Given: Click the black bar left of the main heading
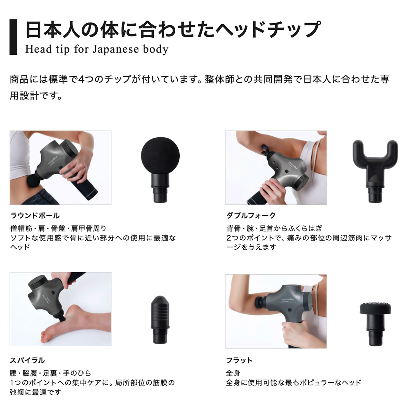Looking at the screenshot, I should point(13,37).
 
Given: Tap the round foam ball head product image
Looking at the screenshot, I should point(160,167).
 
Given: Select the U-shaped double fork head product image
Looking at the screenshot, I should point(374,169).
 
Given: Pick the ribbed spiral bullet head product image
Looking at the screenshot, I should point(160,320).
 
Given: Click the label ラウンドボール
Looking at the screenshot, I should point(35,216).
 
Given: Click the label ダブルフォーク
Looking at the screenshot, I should point(251,216).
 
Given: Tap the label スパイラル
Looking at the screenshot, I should point(27,360).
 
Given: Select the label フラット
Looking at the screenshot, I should point(240,360).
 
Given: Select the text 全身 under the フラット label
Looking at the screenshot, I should point(233,373).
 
